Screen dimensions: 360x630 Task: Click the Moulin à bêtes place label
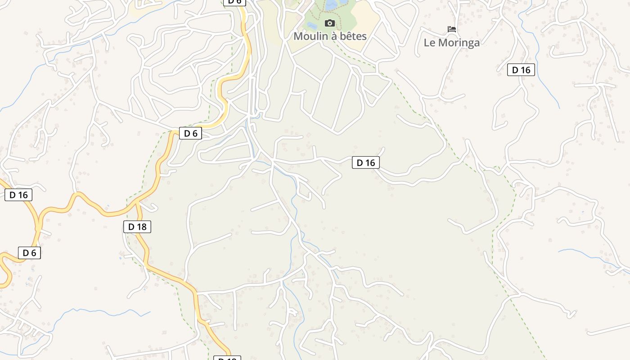330,36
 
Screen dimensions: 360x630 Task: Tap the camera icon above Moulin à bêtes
330,23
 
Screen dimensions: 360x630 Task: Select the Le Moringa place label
452,43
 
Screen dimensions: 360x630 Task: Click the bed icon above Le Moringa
452,29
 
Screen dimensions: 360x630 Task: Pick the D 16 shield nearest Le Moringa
521,70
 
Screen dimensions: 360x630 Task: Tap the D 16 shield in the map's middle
365,163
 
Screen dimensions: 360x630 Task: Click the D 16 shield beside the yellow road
18,195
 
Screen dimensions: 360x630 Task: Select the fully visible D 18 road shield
137,227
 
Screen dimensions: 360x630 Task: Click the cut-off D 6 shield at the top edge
234,2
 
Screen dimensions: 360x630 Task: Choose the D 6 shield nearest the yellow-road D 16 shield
29,253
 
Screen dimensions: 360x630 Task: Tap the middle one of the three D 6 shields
190,133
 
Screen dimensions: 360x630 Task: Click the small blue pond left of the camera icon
311,25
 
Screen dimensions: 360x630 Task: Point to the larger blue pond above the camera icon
337,4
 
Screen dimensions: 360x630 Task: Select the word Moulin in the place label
311,36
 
